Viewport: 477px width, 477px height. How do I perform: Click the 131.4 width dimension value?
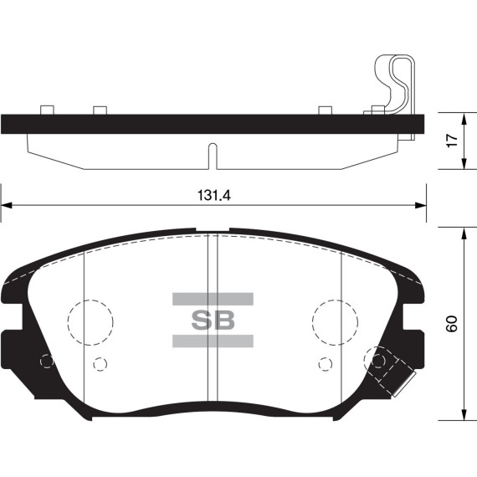pyautogui.click(x=213, y=195)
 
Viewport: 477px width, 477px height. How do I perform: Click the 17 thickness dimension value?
pyautogui.click(x=450, y=141)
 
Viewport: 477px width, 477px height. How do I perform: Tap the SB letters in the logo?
pyautogui.click(x=213, y=320)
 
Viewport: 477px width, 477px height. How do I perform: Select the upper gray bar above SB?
pyautogui.click(x=213, y=299)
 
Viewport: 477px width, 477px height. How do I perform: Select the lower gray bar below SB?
pyautogui.click(x=213, y=340)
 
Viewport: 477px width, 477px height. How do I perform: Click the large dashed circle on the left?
pyautogui.click(x=90, y=321)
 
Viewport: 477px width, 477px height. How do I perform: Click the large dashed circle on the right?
pyautogui.click(x=336, y=321)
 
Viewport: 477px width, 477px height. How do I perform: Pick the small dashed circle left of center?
pyautogui.click(x=100, y=364)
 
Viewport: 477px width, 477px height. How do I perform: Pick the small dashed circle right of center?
pyautogui.click(x=325, y=364)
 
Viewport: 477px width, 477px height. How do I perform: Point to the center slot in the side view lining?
pyautogui.click(x=213, y=156)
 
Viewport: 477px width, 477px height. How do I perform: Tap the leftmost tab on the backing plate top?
pyautogui.click(x=47, y=109)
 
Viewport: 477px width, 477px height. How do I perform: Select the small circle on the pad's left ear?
pyautogui.click(x=47, y=361)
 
